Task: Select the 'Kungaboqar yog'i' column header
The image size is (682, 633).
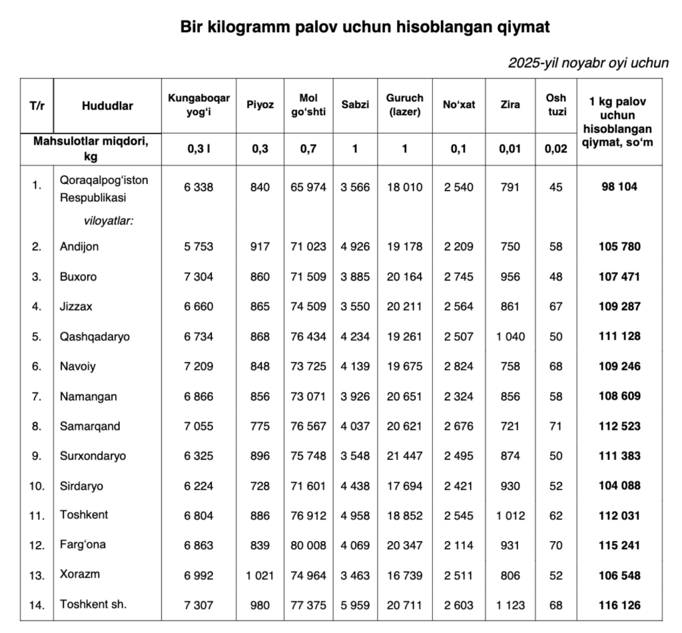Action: (198, 105)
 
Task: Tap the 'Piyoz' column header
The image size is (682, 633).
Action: (260, 105)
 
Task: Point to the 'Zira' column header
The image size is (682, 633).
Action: (510, 105)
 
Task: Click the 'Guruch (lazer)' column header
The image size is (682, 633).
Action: (404, 105)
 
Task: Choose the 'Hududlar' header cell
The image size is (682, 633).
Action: (107, 105)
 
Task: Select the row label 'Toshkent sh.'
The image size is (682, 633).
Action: (93, 604)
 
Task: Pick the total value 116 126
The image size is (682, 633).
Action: (619, 605)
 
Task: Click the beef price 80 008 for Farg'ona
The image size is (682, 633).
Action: (308, 545)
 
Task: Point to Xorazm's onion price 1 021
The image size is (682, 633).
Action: (260, 575)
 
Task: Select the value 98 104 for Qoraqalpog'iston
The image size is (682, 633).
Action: (619, 187)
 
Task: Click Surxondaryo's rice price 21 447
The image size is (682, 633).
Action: (404, 456)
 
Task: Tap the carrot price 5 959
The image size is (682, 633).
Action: (355, 605)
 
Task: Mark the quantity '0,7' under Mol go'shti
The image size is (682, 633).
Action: (308, 149)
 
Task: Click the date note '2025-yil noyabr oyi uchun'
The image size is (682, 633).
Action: (588, 63)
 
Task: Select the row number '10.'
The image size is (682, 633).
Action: (37, 486)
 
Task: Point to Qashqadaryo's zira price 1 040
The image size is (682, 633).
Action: (510, 336)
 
